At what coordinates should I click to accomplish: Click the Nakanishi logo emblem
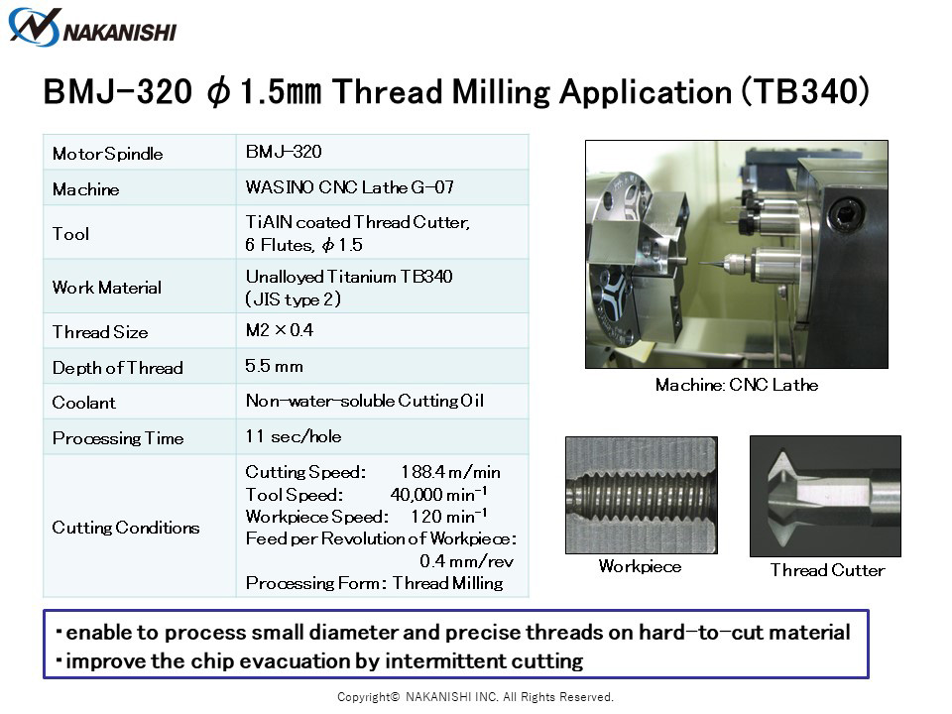[34, 28]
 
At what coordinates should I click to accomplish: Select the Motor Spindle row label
[107, 154]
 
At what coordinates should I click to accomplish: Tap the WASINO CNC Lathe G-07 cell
[350, 187]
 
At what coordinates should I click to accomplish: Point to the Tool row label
[70, 234]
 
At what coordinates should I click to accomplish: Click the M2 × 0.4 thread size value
[280, 330]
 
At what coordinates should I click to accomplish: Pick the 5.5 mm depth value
[274, 366]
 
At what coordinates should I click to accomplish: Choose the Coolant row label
[83, 403]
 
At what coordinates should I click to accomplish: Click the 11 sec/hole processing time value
[294, 436]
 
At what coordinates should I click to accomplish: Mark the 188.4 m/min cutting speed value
[450, 472]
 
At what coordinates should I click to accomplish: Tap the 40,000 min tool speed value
[438, 494]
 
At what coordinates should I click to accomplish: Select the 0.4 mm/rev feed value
[466, 561]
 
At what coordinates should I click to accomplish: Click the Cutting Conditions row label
[126, 527]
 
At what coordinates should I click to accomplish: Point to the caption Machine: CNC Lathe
[737, 385]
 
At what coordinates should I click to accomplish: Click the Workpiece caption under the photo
[640, 566]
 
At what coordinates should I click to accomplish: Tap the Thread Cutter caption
[827, 570]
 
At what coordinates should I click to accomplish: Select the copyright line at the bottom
[475, 697]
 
